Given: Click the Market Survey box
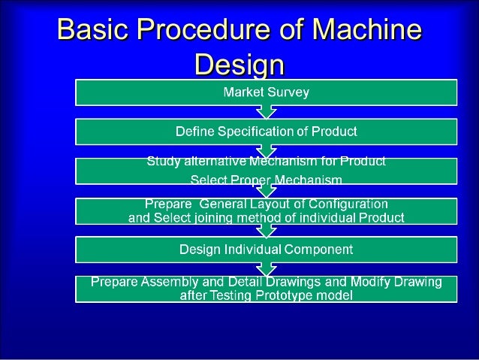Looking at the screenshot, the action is point(266,92).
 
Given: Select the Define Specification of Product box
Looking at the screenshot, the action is point(266,132).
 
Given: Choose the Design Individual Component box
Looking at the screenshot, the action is point(266,248).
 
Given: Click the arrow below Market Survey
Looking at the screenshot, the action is point(266,112).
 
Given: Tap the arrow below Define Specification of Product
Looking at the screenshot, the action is point(266,151).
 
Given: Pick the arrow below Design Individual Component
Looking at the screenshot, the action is point(266,268).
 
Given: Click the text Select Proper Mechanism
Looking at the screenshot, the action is point(266,180).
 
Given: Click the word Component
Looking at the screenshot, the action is point(318,248).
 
